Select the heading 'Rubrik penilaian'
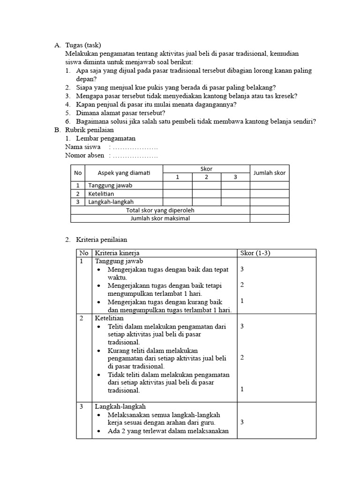pos(90,130)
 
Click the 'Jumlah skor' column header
pos(269,173)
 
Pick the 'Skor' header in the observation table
pos(206,169)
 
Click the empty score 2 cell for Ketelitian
pos(206,194)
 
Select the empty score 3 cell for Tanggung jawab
pos(235,185)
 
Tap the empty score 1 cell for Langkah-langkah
pos(177,202)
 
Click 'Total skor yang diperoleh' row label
pos(160,210)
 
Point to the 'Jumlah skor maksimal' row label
pos(160,218)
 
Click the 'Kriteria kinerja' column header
pos(117,253)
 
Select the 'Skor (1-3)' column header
pos(255,253)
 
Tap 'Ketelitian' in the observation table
pos(101,194)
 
